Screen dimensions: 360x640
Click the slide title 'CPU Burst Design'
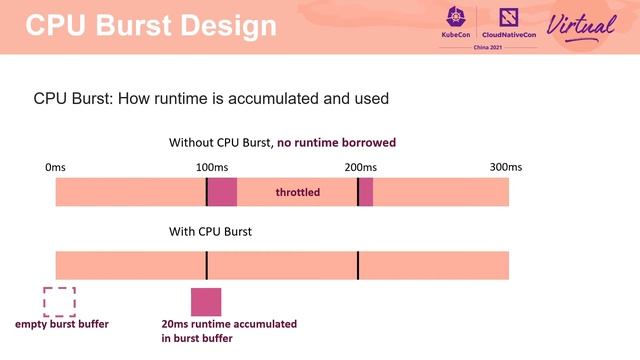tap(149, 26)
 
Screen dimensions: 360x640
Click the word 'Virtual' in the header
tap(579, 25)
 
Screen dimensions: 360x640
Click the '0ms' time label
tap(56, 166)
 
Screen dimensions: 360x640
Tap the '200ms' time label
tap(360, 166)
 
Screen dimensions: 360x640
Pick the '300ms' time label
tap(506, 166)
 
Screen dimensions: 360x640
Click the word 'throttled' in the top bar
tap(298, 191)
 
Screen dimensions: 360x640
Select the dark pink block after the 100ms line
tap(222, 192)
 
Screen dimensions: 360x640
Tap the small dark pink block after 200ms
tap(366, 192)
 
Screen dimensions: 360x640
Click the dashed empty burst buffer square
tap(59, 301)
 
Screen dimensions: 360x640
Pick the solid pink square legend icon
tap(206, 301)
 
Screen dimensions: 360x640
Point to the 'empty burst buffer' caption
tap(62, 325)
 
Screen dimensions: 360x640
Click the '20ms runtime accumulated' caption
tap(229, 325)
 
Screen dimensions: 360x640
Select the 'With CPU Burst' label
tap(210, 232)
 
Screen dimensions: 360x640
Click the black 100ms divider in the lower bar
tap(207, 265)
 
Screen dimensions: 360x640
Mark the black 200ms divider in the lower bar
tap(358, 265)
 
